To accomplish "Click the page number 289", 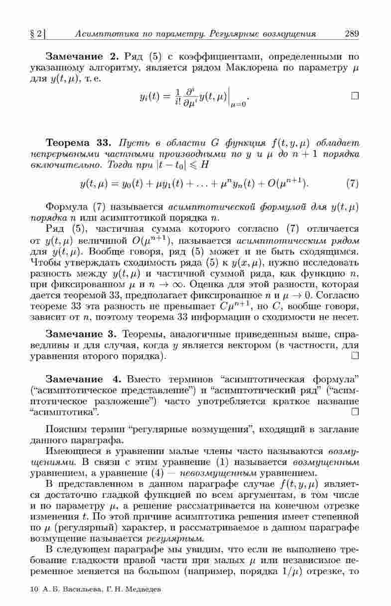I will pyautogui.click(x=352, y=34).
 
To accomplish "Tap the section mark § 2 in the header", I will pyautogui.click(x=37, y=34).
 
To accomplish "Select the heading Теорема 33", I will pyautogui.click(x=77, y=144).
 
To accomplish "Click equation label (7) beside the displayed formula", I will pyautogui.click(x=352, y=184).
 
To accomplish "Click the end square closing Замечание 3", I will pyautogui.click(x=355, y=356).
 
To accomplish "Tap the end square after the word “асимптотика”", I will pyautogui.click(x=355, y=411).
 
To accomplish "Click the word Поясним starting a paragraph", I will pyautogui.click(x=64, y=429).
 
